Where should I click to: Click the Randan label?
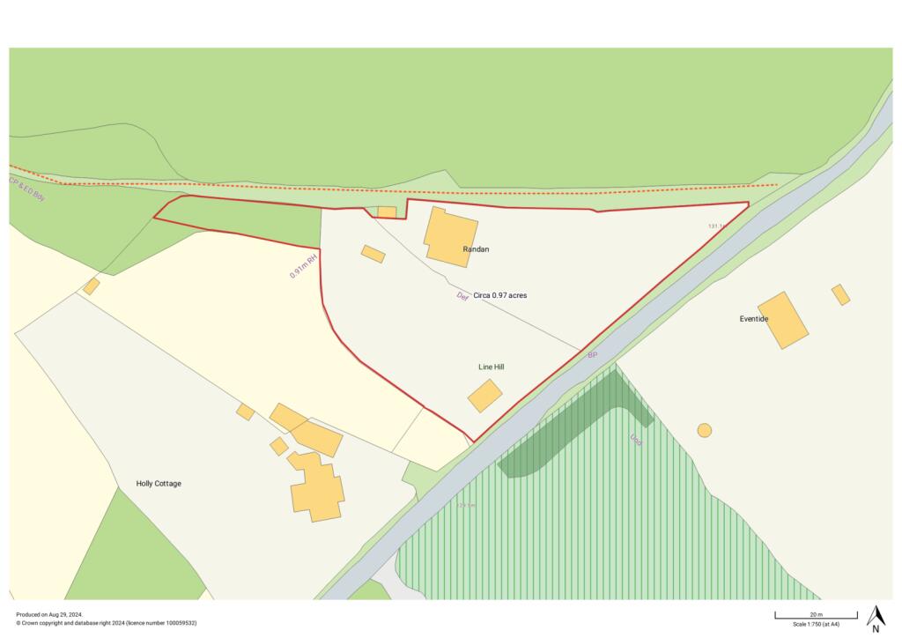[476, 249]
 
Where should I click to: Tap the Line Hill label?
[491, 367]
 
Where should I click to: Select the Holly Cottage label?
[159, 484]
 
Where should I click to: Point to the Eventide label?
[754, 318]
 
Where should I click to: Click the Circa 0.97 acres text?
[500, 295]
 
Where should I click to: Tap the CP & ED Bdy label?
[26, 189]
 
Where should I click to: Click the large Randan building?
[450, 234]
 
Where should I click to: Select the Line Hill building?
[485, 396]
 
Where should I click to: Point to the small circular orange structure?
[705, 430]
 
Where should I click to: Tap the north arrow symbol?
[876, 618]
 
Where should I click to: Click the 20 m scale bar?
[816, 614]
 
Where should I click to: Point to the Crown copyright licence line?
[106, 623]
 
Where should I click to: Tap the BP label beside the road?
[593, 354]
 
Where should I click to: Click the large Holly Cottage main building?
[316, 487]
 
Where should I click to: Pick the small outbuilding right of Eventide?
[841, 294]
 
